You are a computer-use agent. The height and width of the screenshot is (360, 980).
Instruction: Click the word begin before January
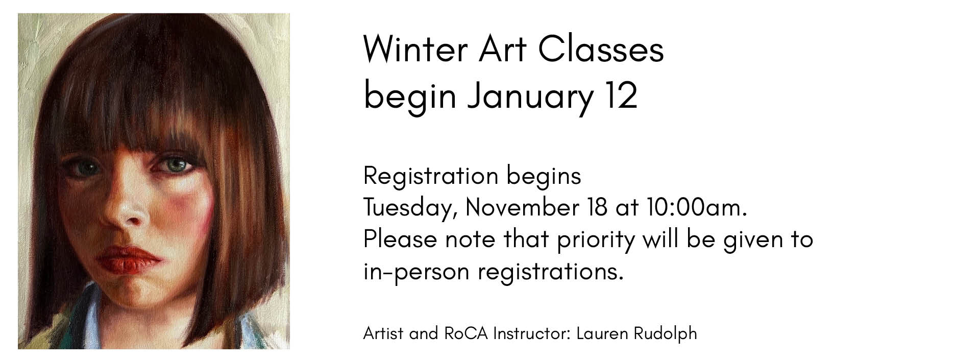[409, 97]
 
